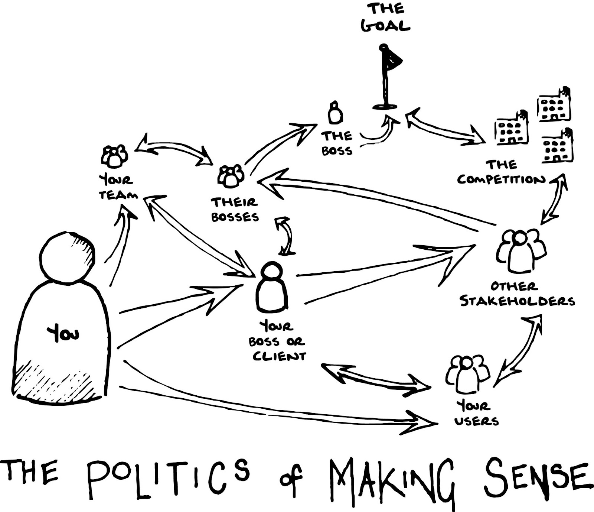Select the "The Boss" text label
pos(337,143)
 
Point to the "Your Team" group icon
pos(114,156)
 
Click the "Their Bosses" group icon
pos(231,175)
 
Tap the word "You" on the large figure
pos(63,333)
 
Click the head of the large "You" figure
pos(67,256)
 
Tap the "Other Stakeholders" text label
pos(517,294)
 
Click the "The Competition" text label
pos(501,172)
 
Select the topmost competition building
pos(554,105)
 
